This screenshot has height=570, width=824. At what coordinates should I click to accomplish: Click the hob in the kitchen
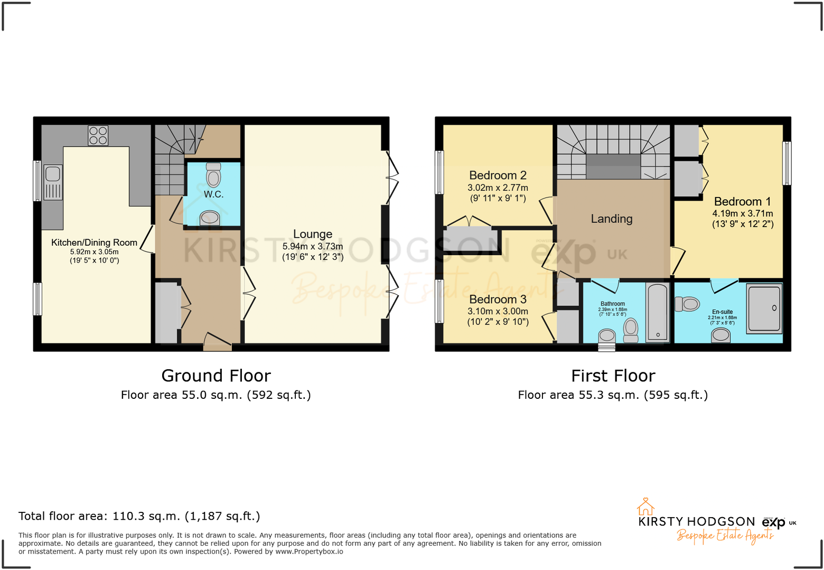coord(98,135)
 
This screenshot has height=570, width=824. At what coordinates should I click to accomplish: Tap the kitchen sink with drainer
coord(53,182)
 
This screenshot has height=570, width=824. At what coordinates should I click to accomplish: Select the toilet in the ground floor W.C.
coord(213,175)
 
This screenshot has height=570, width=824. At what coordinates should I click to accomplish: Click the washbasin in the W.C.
coord(210,218)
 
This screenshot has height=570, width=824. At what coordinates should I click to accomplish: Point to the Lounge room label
coord(313,234)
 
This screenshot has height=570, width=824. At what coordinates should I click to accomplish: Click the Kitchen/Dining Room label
coord(94,242)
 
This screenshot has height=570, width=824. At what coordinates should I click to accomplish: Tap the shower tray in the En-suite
coord(764,309)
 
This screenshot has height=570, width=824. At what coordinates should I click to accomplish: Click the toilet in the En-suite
coord(687,304)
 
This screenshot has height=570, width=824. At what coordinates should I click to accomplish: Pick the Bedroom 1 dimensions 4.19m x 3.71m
coord(742,213)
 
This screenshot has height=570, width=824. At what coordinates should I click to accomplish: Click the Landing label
coord(612,219)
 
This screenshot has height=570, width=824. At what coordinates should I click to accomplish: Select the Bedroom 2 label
coord(498,175)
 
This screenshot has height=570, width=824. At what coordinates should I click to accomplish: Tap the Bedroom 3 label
coord(498,300)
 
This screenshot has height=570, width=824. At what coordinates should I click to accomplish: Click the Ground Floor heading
coord(216,376)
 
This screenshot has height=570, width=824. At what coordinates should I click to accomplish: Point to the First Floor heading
coord(613,376)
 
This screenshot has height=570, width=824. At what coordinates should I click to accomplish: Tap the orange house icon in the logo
coord(645,507)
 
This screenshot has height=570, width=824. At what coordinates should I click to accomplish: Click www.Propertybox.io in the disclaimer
coord(309,552)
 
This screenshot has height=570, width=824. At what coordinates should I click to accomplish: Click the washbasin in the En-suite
coord(720,334)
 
